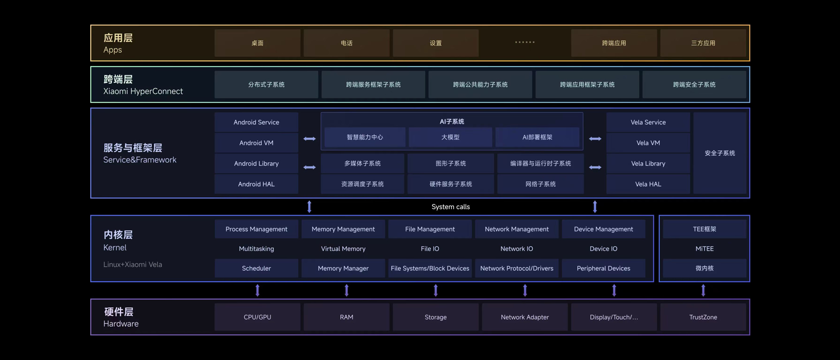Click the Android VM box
pyautogui.click(x=256, y=143)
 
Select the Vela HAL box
pyautogui.click(x=648, y=184)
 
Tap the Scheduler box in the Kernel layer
pyautogui.click(x=256, y=268)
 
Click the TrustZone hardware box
pyautogui.click(x=703, y=317)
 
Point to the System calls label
pyautogui.click(x=450, y=206)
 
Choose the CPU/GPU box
pyautogui.click(x=257, y=317)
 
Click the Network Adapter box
pyautogui.click(x=524, y=317)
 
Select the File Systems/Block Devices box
pyautogui.click(x=430, y=268)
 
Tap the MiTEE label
pyautogui.click(x=704, y=249)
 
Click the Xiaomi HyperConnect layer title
pyautogui.click(x=143, y=91)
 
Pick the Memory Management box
pyautogui.click(x=343, y=229)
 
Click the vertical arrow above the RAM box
pyautogui.click(x=346, y=290)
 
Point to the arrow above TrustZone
pyautogui.click(x=703, y=290)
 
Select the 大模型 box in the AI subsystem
pyautogui.click(x=450, y=137)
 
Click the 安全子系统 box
pyautogui.click(x=720, y=153)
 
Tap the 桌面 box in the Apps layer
pyautogui.click(x=257, y=43)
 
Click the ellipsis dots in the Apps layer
pyautogui.click(x=524, y=42)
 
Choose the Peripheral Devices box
pyautogui.click(x=603, y=268)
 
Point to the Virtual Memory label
pyautogui.click(x=343, y=249)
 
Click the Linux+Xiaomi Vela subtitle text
pyautogui.click(x=133, y=264)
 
